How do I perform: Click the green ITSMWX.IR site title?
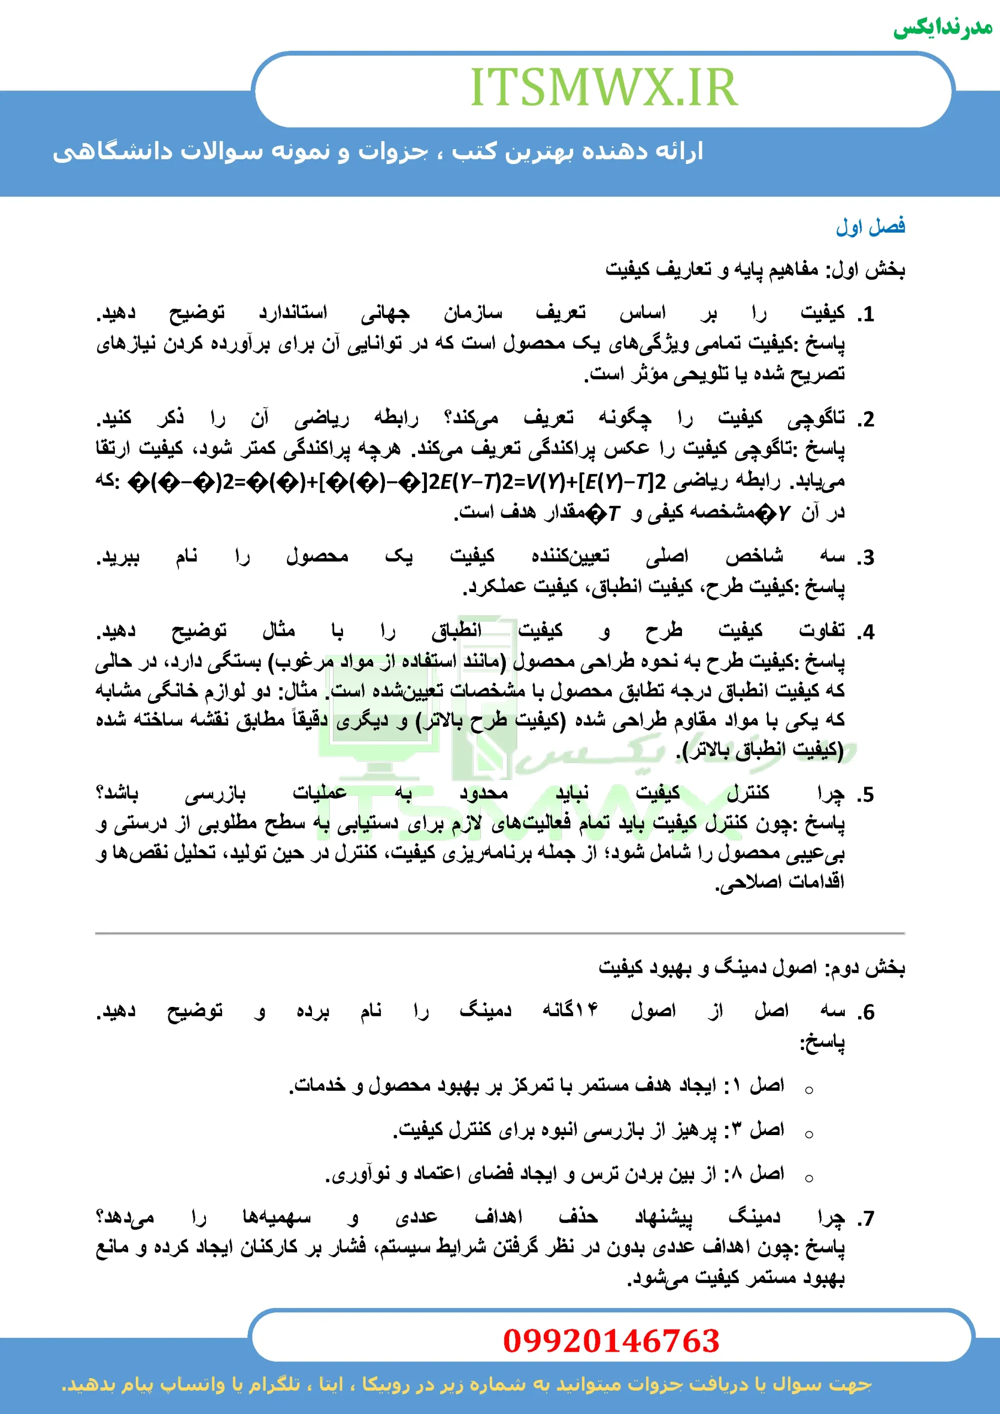[x=604, y=87]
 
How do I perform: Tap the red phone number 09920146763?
[x=611, y=1341]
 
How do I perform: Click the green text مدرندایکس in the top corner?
[x=942, y=28]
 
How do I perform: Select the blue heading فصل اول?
[x=870, y=226]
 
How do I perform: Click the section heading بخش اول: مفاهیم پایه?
[x=755, y=269]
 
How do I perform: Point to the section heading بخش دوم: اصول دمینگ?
[x=751, y=968]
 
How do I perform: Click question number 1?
[x=866, y=315]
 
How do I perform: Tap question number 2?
[x=866, y=419]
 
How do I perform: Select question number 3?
[x=866, y=557]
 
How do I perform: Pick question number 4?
[x=866, y=632]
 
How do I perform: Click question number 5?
[x=866, y=794]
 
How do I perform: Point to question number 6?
[x=866, y=1012]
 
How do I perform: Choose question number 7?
[x=866, y=1217]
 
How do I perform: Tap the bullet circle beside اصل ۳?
[x=809, y=1134]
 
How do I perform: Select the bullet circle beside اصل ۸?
[x=809, y=1178]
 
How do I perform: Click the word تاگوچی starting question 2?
[x=816, y=419]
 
